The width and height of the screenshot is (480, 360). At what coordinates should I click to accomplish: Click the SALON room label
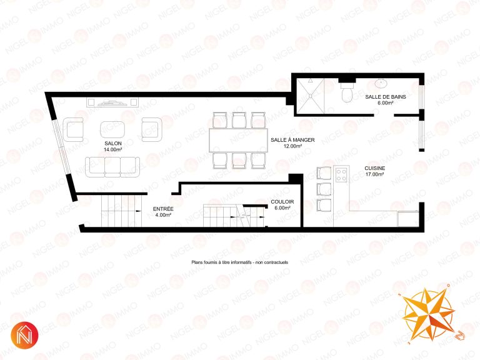(x=113, y=143)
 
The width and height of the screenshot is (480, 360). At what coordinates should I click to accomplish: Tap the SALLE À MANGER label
(x=292, y=140)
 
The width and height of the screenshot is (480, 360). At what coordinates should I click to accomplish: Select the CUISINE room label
(x=375, y=168)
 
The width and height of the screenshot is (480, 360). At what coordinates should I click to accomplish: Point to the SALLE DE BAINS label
(x=386, y=97)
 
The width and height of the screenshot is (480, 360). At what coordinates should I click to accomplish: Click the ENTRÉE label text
(x=163, y=209)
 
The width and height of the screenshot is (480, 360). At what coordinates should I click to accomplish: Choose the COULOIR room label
(x=282, y=202)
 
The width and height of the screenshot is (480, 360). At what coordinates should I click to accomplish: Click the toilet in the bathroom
(x=347, y=91)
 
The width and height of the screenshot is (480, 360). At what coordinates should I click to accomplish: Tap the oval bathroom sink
(x=381, y=83)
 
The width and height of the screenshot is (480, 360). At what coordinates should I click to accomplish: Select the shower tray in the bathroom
(x=310, y=96)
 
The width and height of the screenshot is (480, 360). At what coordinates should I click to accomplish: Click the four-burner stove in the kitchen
(x=341, y=175)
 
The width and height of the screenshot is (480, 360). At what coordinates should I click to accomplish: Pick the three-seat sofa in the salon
(x=112, y=167)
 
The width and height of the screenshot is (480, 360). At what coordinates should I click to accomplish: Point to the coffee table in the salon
(x=112, y=129)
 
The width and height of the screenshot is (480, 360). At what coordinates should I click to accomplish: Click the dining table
(x=239, y=141)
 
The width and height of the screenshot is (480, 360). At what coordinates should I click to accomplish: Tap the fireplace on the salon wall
(x=112, y=102)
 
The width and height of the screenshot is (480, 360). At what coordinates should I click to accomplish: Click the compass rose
(x=428, y=314)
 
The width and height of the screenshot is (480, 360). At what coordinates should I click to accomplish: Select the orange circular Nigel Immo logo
(x=24, y=335)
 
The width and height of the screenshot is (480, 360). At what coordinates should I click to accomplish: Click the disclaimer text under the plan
(x=240, y=262)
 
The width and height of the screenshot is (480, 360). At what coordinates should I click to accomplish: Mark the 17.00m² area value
(x=375, y=174)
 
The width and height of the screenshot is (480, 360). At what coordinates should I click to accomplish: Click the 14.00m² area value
(x=113, y=150)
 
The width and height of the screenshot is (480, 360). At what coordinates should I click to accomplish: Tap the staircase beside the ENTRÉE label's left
(x=121, y=211)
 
